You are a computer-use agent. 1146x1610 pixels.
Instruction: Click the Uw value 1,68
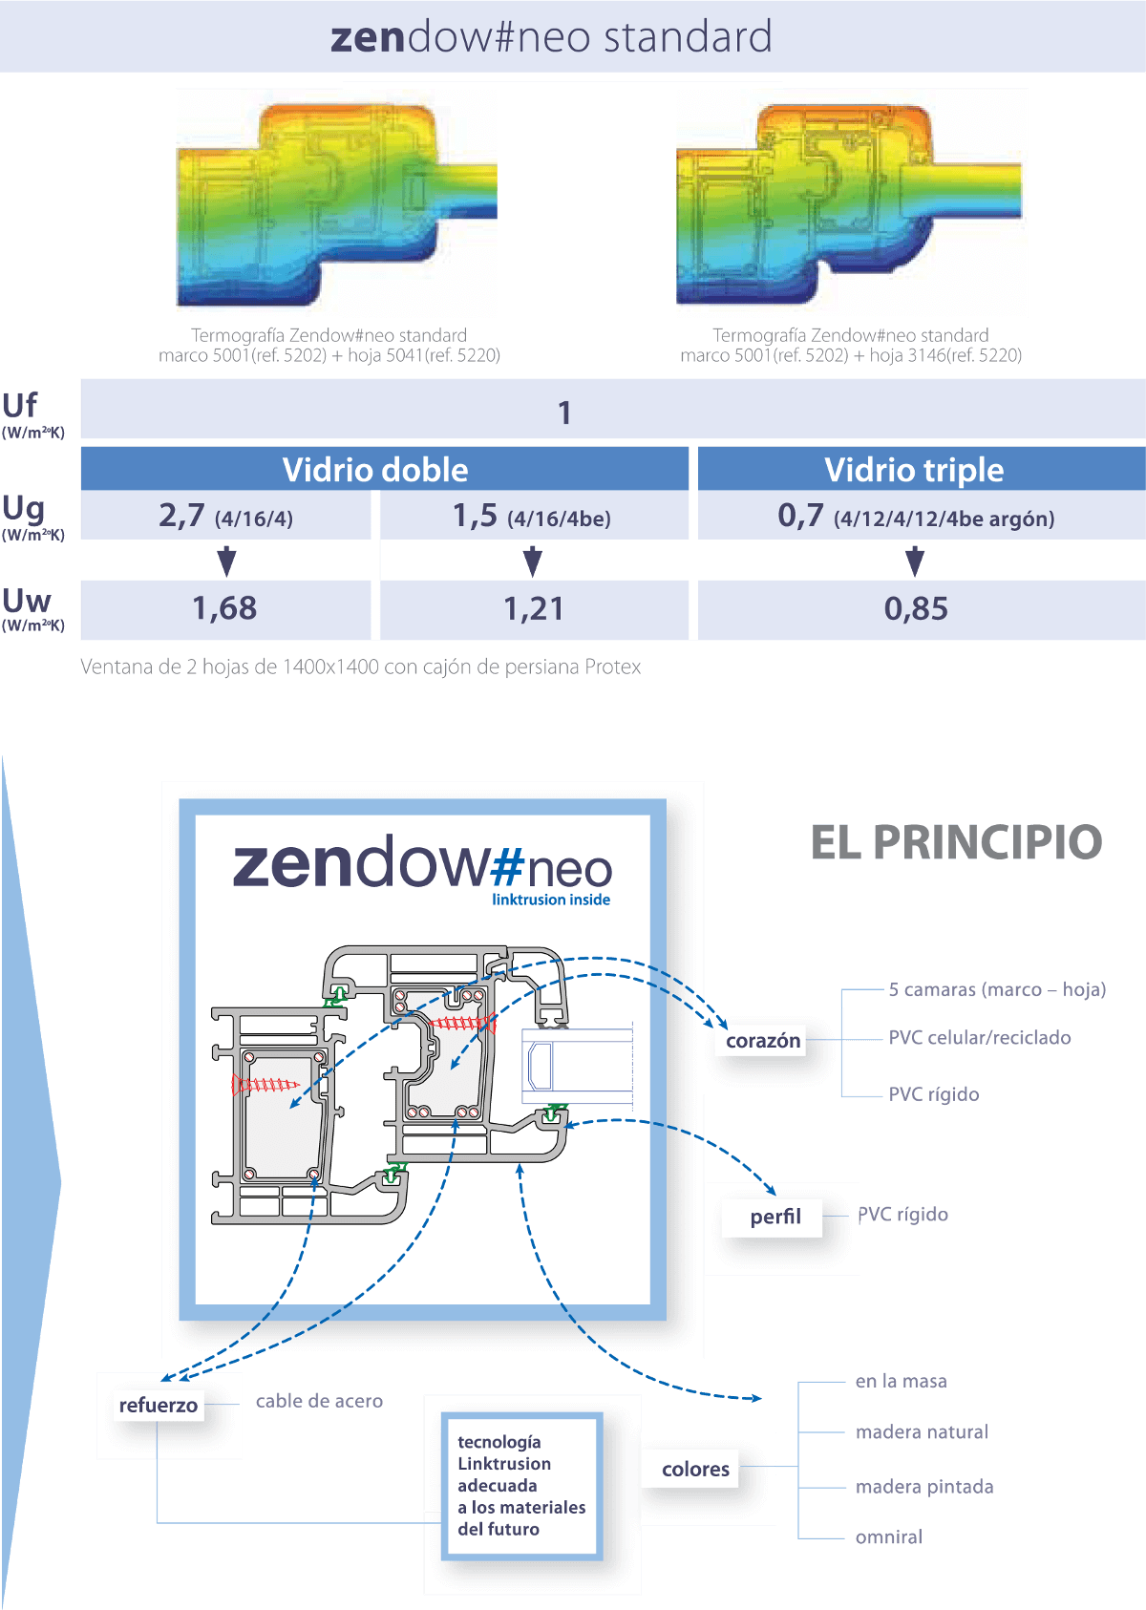pos(224,608)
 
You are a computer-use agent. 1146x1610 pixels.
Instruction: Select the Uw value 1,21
pos(533,608)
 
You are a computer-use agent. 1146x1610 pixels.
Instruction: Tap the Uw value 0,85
pos(915,608)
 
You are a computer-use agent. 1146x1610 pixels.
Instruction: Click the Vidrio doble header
pos(375,470)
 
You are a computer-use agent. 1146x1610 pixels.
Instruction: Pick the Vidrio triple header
pos(914,470)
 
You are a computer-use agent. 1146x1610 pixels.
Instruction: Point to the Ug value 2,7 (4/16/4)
pos(225,517)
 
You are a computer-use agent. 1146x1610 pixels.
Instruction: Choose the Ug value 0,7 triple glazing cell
pos(915,517)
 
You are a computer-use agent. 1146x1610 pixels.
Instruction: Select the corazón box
pos(763,1041)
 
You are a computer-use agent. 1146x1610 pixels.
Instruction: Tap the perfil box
pos(775,1217)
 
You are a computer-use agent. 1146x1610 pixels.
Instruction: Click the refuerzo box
pos(159,1406)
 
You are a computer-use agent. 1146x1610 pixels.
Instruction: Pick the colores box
pos(695,1470)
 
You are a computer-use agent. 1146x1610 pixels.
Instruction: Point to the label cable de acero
pos(319,1401)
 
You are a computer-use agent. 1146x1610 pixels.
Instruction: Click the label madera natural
pos(922,1432)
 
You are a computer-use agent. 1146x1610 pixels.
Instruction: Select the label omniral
pos(888,1537)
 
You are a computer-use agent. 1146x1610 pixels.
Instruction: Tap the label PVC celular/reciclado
pos(979,1038)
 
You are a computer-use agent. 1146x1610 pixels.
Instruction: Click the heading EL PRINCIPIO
pos(956,842)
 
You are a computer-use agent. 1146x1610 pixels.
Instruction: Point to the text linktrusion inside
pos(551,900)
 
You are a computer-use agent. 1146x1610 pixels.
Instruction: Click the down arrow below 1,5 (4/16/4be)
pos(533,561)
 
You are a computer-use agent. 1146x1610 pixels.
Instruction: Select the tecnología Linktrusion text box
pos(521,1486)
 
